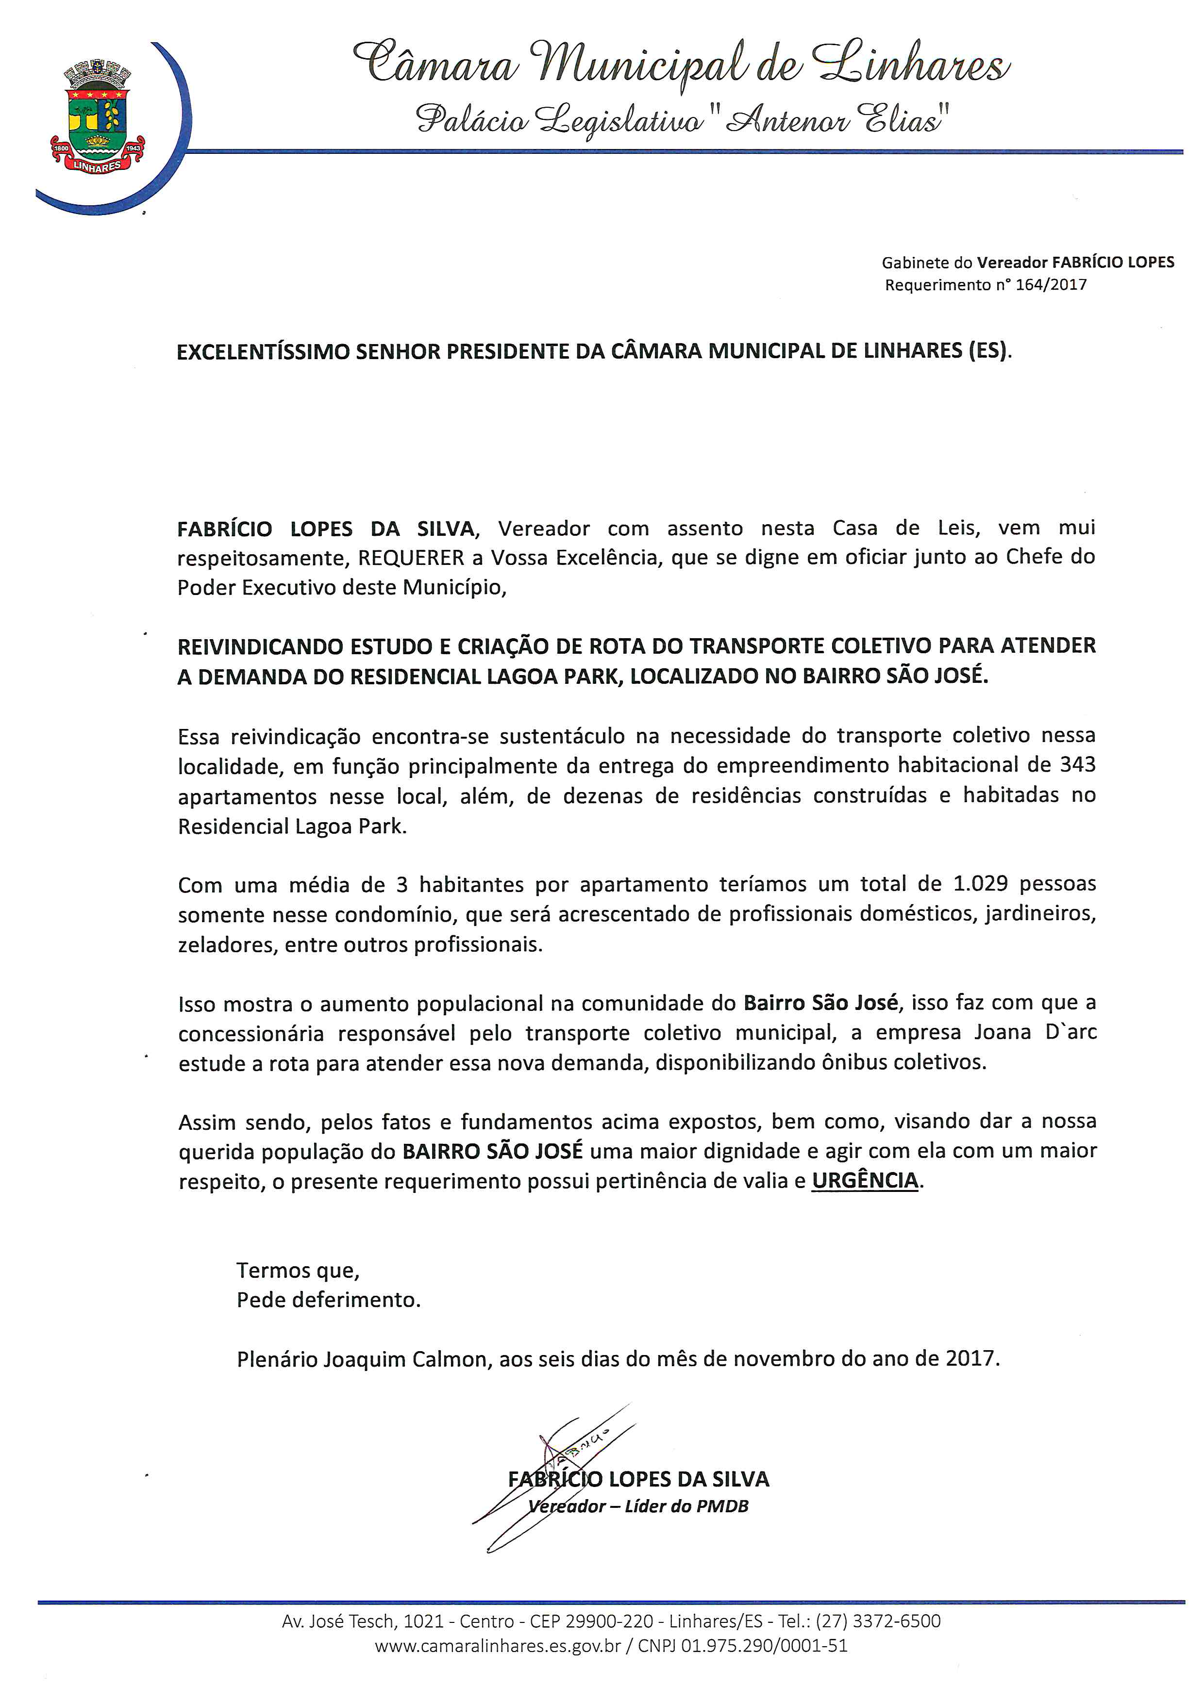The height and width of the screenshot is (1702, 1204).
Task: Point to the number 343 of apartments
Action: [1077, 764]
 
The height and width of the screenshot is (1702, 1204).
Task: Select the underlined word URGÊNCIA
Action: [865, 1180]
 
